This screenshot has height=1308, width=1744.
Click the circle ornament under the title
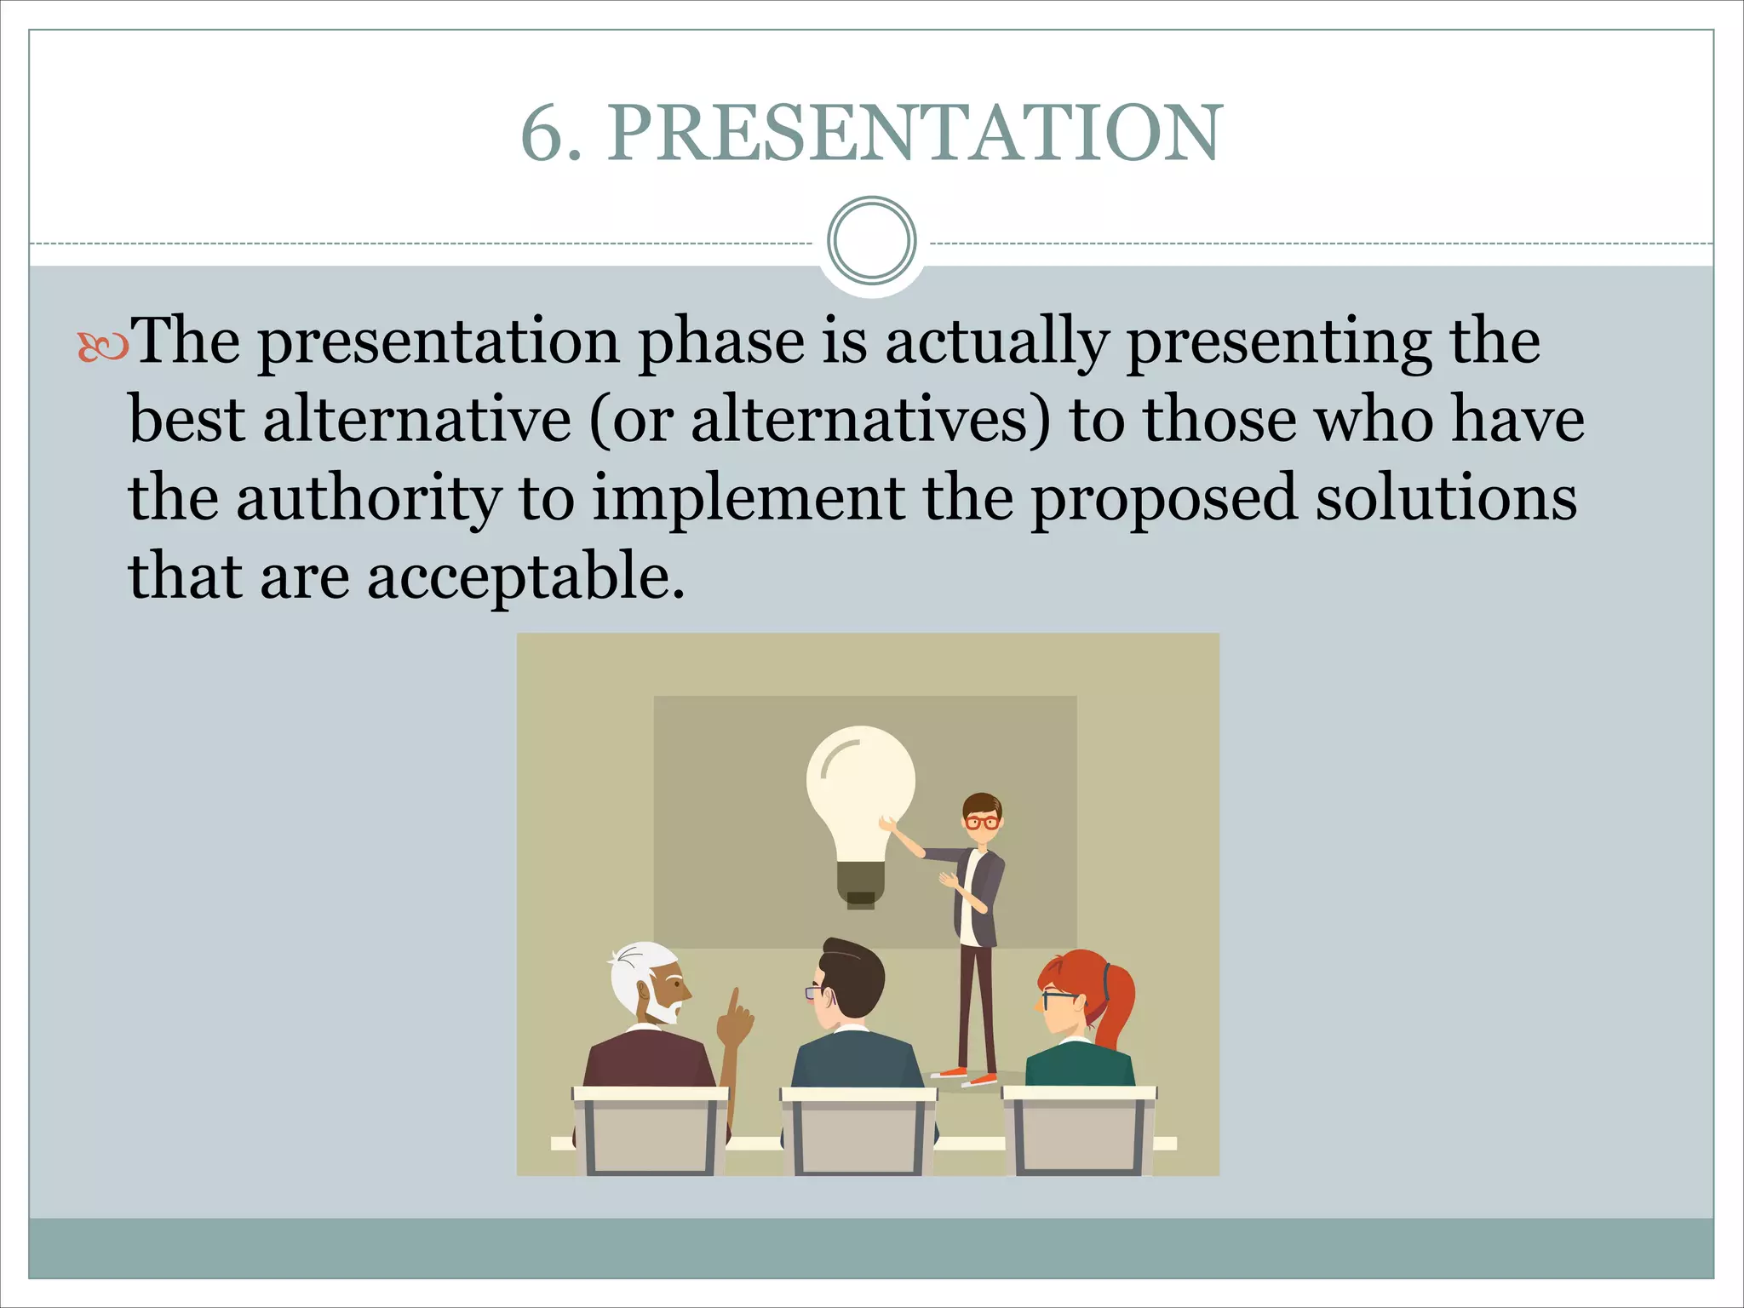(871, 241)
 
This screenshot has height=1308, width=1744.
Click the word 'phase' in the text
(721, 342)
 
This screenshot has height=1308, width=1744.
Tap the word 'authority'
(368, 500)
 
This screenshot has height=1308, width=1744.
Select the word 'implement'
(748, 500)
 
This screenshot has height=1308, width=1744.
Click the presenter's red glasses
(982, 823)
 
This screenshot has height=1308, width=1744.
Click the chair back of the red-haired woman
(1078, 1133)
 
